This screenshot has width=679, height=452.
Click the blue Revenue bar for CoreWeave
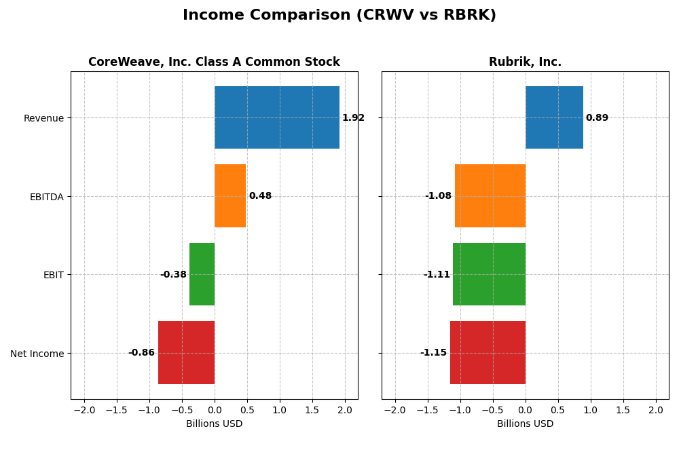point(277,117)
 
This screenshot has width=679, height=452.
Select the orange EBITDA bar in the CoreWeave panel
point(230,196)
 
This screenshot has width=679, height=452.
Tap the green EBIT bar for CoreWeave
point(202,274)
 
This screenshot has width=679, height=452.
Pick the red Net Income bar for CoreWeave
point(186,353)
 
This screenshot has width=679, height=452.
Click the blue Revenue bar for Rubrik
point(554,117)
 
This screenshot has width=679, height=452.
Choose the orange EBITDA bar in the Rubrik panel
point(490,196)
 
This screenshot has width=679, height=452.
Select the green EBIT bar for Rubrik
point(489,274)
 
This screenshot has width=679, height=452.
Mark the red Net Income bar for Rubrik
point(488,353)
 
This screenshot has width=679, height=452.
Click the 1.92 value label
point(353,118)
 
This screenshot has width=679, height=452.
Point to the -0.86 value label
point(141,353)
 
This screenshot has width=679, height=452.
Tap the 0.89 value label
point(597,118)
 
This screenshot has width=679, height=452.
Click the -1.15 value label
point(433,353)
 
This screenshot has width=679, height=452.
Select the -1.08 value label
point(438,196)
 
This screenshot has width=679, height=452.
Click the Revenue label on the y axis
point(43,119)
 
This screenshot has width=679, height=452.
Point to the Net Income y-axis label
point(37,354)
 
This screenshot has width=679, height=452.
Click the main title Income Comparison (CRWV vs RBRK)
point(339,16)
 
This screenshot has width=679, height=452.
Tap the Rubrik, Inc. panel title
point(525,62)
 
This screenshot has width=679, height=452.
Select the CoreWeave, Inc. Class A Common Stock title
point(214,62)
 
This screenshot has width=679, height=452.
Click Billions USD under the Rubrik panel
point(525,424)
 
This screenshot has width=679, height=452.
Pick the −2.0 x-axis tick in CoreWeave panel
point(84,411)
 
